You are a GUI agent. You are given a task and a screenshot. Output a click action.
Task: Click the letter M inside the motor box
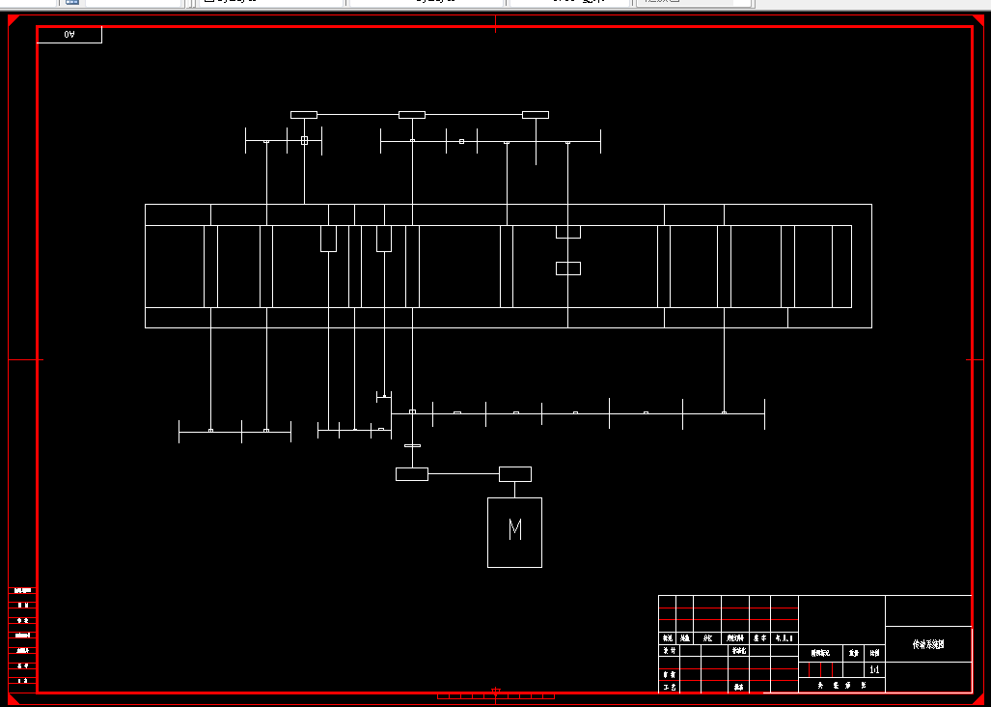click(x=515, y=529)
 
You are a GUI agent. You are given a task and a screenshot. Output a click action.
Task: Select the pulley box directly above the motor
click(x=515, y=474)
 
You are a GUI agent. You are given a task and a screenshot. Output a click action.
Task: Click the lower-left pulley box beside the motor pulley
click(x=412, y=474)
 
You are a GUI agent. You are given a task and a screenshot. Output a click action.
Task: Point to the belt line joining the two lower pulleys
click(x=463, y=473)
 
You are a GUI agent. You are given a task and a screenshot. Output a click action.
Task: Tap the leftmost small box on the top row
click(x=304, y=115)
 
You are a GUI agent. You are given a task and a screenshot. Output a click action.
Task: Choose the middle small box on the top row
click(x=412, y=115)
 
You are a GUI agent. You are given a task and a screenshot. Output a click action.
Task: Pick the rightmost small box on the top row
click(x=536, y=115)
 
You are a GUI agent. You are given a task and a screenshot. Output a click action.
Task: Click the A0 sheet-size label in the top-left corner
click(x=69, y=35)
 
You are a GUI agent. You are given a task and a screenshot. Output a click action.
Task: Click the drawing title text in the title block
click(x=928, y=643)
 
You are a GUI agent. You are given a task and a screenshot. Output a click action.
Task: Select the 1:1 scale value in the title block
click(x=874, y=669)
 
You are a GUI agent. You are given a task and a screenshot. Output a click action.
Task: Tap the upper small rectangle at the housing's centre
click(x=568, y=232)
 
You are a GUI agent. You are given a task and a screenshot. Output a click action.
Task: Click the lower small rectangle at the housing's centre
click(x=568, y=269)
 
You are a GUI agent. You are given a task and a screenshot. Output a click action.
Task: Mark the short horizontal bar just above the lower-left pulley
click(x=412, y=446)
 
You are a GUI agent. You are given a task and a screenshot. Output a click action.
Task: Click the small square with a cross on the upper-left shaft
click(x=304, y=141)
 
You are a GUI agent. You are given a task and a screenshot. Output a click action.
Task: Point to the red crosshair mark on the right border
click(x=975, y=359)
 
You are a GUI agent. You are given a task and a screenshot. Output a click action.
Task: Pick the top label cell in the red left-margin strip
click(x=22, y=589)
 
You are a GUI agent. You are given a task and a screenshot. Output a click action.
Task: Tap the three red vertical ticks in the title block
click(x=821, y=669)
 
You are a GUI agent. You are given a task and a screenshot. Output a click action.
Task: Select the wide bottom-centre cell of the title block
click(x=841, y=685)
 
